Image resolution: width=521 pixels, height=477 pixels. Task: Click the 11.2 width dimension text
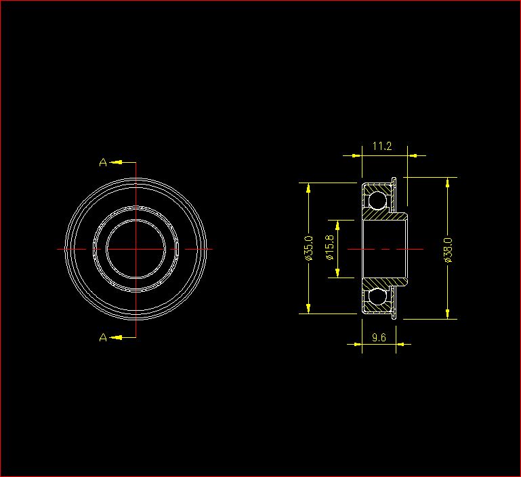click(382, 146)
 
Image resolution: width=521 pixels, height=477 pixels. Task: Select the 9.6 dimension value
click(379, 337)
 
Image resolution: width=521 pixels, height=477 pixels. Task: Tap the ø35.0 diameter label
click(309, 248)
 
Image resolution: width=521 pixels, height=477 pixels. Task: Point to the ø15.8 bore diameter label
click(330, 248)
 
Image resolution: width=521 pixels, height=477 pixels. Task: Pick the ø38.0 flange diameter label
click(448, 250)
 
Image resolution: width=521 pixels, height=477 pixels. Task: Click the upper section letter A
click(103, 162)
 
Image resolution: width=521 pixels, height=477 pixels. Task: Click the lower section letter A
click(103, 337)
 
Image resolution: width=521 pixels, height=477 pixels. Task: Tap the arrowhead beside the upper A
click(116, 162)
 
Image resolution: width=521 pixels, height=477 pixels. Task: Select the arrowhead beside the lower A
click(116, 337)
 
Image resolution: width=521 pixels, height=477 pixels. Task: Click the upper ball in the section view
click(377, 200)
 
